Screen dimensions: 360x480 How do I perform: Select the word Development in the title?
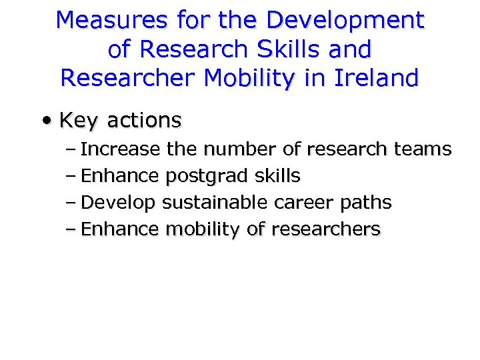[345, 21]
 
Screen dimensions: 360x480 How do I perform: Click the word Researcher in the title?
[129, 78]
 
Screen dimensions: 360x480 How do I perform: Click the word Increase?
[120, 149]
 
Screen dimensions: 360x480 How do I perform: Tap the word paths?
[366, 203]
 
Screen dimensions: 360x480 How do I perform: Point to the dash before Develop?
[72, 203]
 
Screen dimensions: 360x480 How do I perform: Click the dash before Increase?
[72, 149]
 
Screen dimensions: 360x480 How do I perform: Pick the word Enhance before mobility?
[120, 230]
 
